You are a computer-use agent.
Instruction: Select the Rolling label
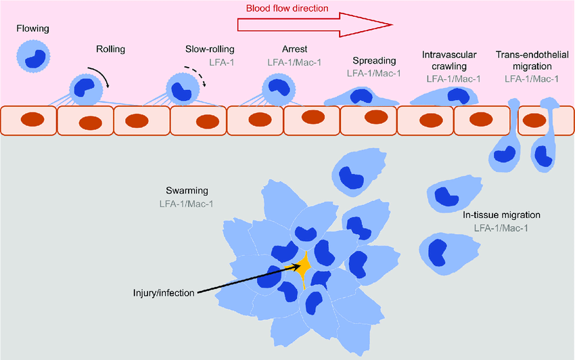point(110,49)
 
